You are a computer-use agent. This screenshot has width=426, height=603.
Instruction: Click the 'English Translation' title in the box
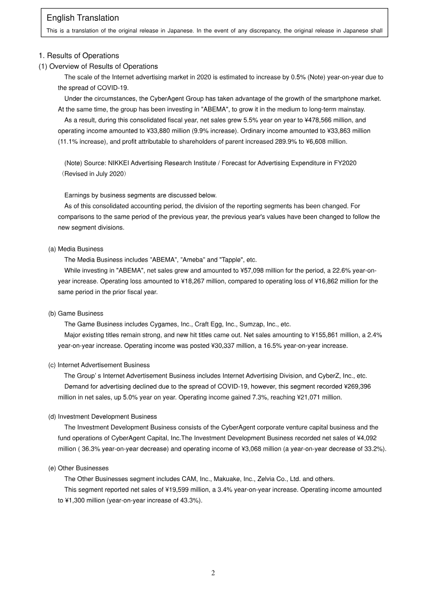pos(83,18)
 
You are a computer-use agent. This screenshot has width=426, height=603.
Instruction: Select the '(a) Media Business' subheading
pos(76,249)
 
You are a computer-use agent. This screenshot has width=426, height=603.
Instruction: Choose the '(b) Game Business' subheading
pos(76,313)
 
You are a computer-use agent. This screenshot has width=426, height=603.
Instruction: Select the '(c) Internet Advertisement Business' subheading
pos(99,365)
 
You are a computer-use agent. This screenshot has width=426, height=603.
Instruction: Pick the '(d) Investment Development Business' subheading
pos(103,417)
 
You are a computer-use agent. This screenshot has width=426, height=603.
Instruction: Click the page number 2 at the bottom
pos(213,573)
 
